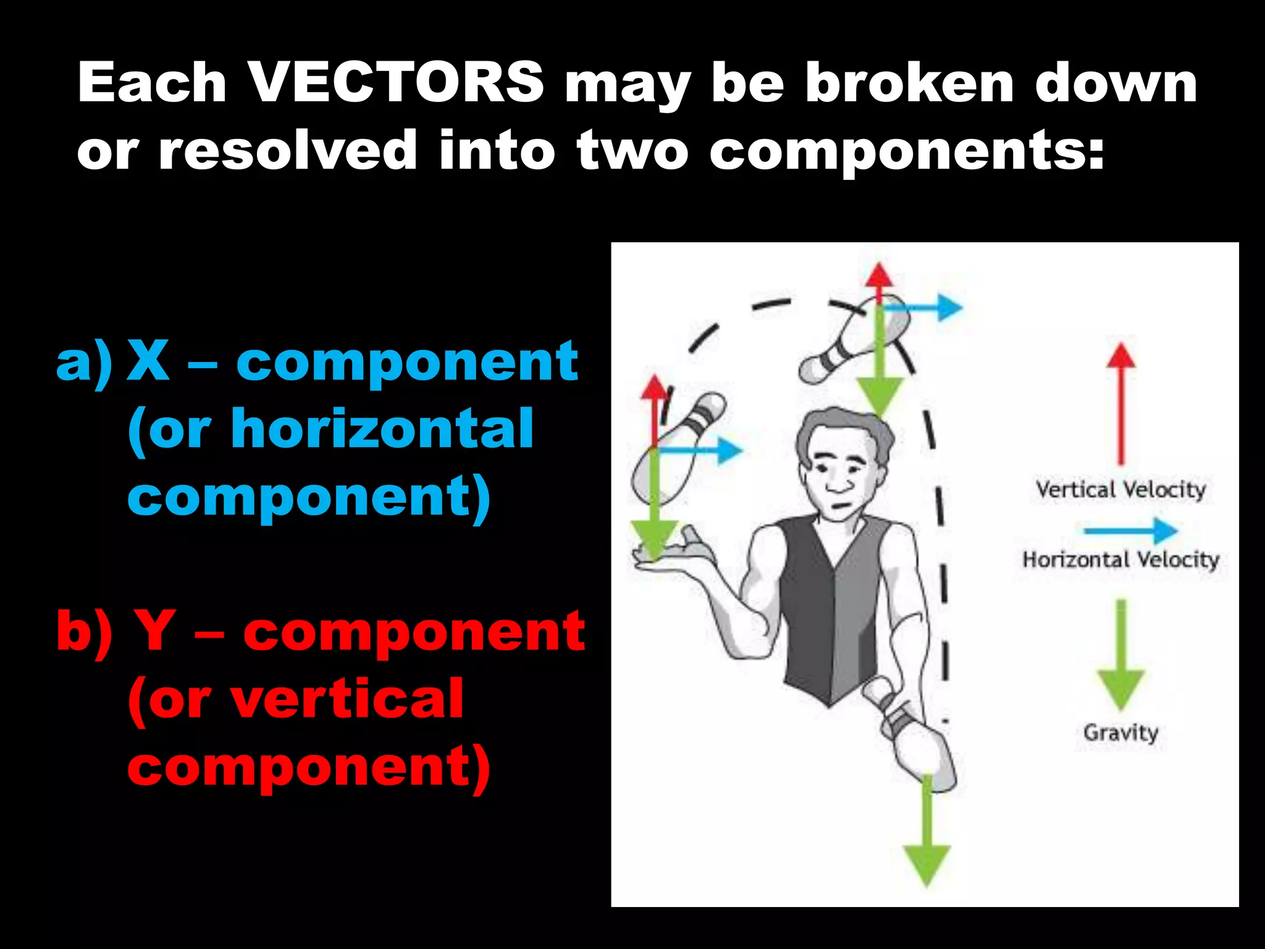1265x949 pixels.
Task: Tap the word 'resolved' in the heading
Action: click(287, 150)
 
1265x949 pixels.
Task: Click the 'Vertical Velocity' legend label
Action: click(1120, 490)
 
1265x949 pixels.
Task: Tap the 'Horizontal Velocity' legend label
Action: click(1120, 560)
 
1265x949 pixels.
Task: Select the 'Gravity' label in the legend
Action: click(1120, 733)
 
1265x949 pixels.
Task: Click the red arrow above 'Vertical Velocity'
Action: click(1120, 402)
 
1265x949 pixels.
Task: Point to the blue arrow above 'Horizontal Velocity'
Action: click(1130, 530)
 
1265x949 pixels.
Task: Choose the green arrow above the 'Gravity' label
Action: click(1120, 655)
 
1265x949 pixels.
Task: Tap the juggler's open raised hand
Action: click(673, 550)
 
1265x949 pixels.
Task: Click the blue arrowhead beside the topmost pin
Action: click(949, 307)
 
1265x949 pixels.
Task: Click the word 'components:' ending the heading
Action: click(906, 150)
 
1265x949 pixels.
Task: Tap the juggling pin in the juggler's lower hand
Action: click(914, 741)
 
